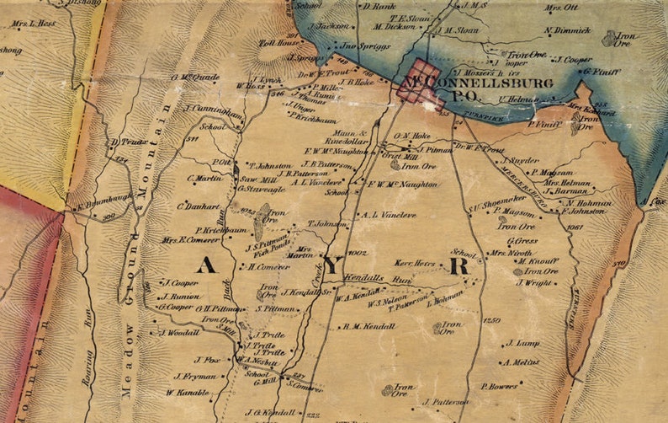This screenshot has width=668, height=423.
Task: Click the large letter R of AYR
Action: (459, 267)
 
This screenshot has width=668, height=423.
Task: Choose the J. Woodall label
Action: (178, 333)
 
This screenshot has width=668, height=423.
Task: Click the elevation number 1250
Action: (492, 321)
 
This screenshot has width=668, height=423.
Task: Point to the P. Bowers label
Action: (499, 386)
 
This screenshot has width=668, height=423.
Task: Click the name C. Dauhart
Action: (198, 206)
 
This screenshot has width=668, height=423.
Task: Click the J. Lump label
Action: (522, 344)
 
